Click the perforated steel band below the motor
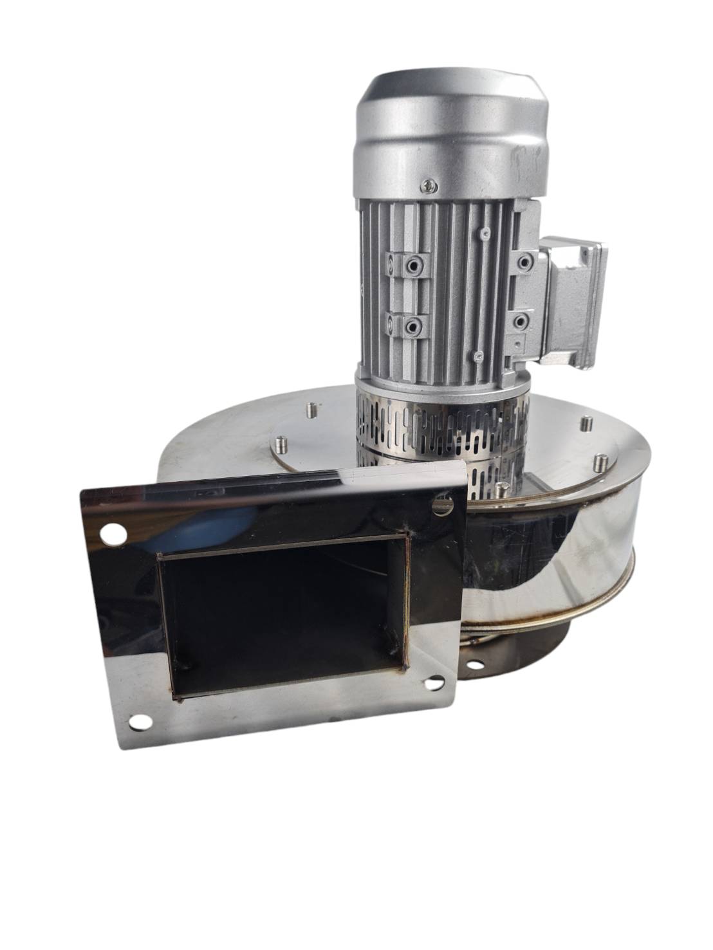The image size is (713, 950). (444, 428)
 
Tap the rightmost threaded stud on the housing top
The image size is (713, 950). (600, 462)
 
